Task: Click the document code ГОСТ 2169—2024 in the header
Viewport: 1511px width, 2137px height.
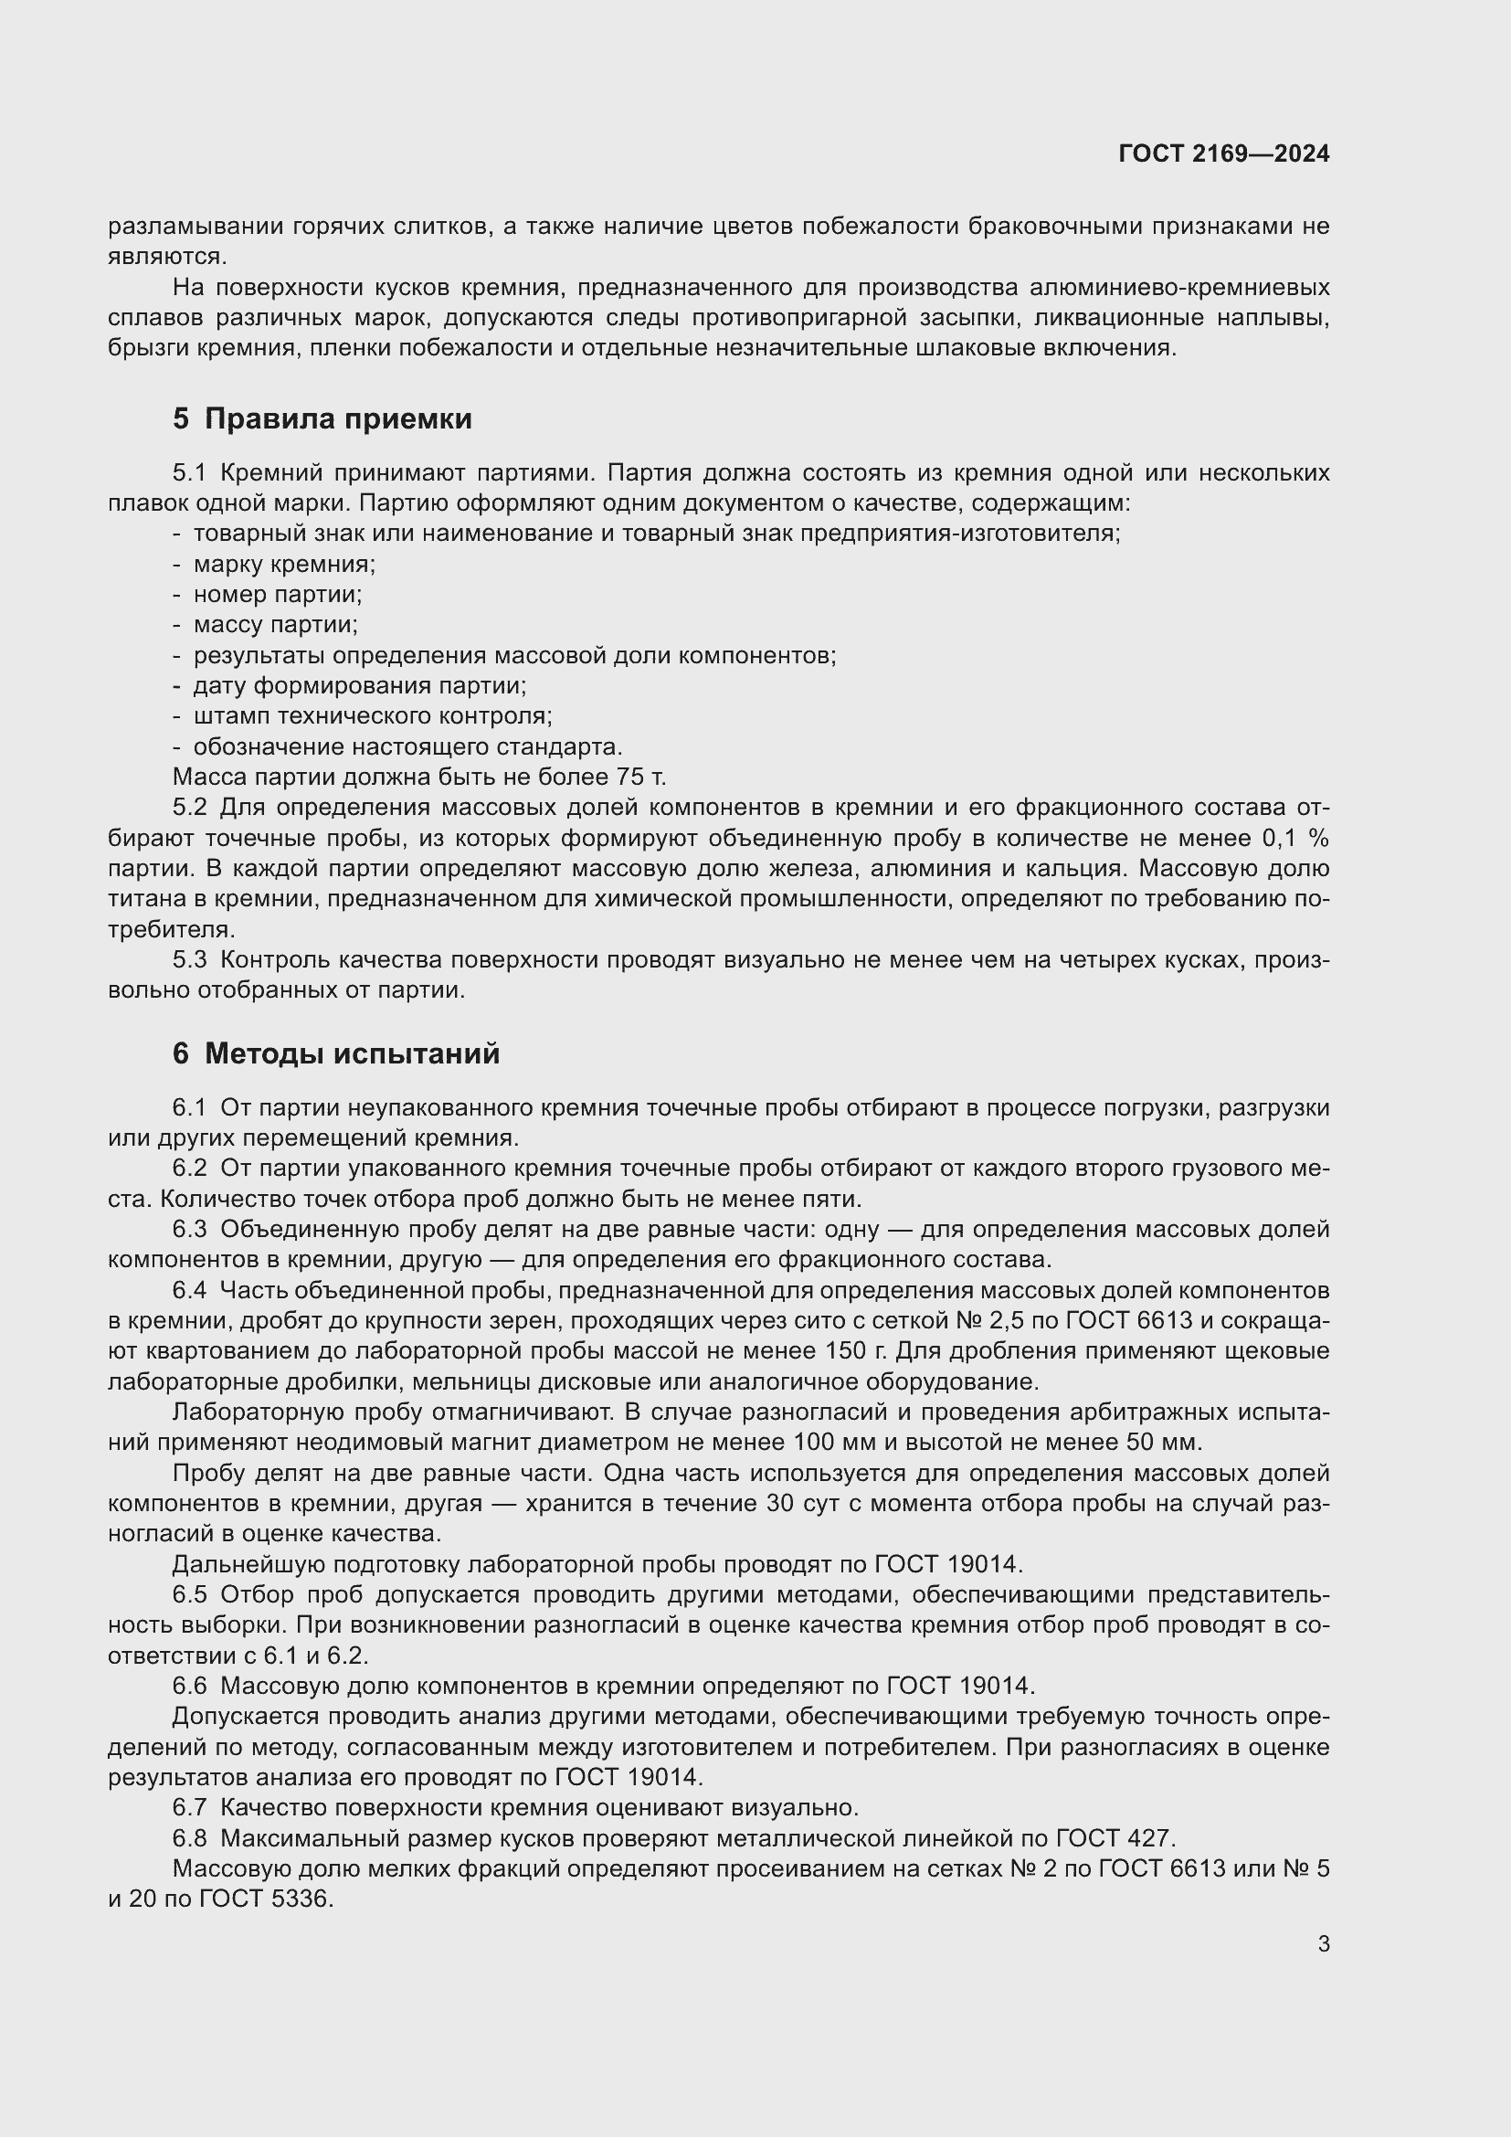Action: pos(1223,153)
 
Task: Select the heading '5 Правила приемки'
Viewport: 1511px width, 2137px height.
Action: pos(322,418)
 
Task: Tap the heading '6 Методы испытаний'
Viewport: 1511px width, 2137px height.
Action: pos(336,1053)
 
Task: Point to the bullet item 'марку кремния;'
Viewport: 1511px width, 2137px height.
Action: pos(285,564)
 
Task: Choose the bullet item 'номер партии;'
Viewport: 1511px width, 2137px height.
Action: pos(279,594)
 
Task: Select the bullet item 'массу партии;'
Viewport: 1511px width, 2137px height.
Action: pos(275,625)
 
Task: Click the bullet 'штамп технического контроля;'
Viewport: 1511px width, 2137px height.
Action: pos(372,715)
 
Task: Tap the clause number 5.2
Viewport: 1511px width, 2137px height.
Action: pos(189,807)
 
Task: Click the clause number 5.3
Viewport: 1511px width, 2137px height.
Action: pos(189,959)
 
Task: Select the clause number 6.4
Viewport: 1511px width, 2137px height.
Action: pos(189,1291)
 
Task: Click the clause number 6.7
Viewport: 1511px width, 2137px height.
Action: pos(189,1807)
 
